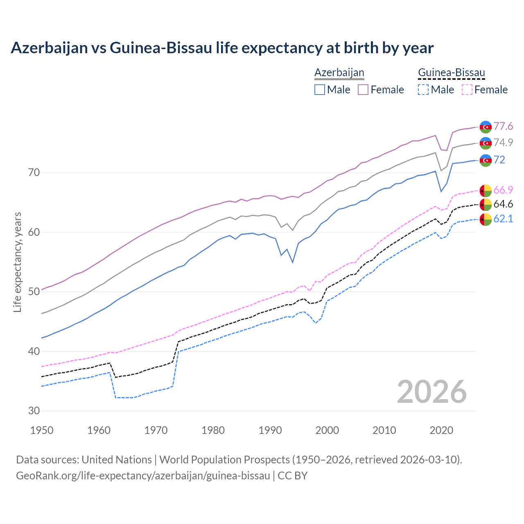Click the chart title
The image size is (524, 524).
(x=222, y=48)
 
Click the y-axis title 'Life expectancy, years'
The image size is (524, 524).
(x=17, y=262)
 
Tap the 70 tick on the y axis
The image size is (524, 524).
(x=34, y=172)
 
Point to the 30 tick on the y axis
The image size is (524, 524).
(x=34, y=411)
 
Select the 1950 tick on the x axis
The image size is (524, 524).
(x=42, y=430)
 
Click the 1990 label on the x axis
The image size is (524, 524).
(x=270, y=430)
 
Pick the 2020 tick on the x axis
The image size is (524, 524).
(x=441, y=430)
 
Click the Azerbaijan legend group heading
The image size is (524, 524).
(x=339, y=72)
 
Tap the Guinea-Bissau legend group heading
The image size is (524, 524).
(x=451, y=72)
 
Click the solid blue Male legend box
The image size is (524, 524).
(x=320, y=90)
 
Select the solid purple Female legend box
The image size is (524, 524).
(x=363, y=90)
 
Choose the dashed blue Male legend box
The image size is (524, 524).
(x=423, y=90)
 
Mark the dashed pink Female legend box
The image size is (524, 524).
(x=467, y=90)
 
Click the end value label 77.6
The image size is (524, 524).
(x=503, y=126)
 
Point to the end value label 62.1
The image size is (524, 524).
(x=503, y=219)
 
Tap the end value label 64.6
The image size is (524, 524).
(x=503, y=204)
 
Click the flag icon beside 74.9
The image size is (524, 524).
(x=485, y=143)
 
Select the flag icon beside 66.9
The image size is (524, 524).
(x=485, y=190)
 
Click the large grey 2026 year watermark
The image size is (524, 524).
(x=432, y=392)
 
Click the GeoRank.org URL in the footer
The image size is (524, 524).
(x=143, y=476)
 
